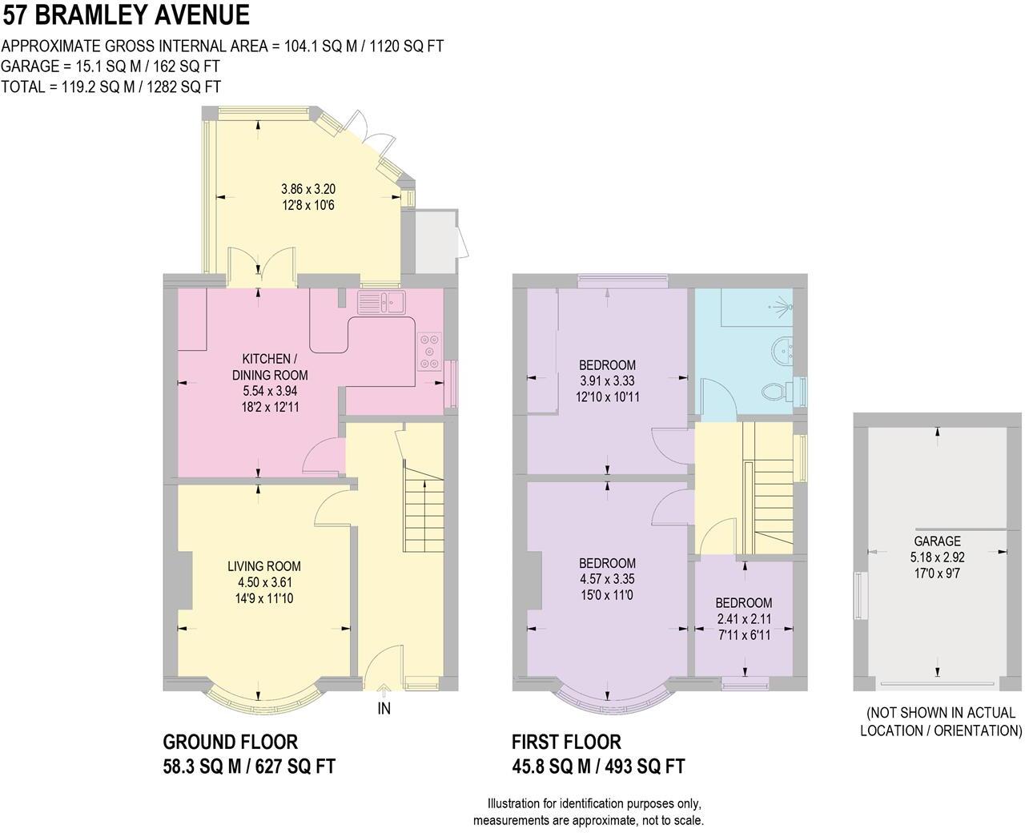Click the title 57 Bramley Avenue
126,15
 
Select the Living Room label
263,567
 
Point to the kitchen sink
383,302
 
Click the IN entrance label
384,709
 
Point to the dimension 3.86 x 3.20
307,190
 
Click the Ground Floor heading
231,742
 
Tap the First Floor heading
566,742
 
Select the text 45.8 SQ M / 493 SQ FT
598,767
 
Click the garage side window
861,595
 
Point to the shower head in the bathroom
782,306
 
